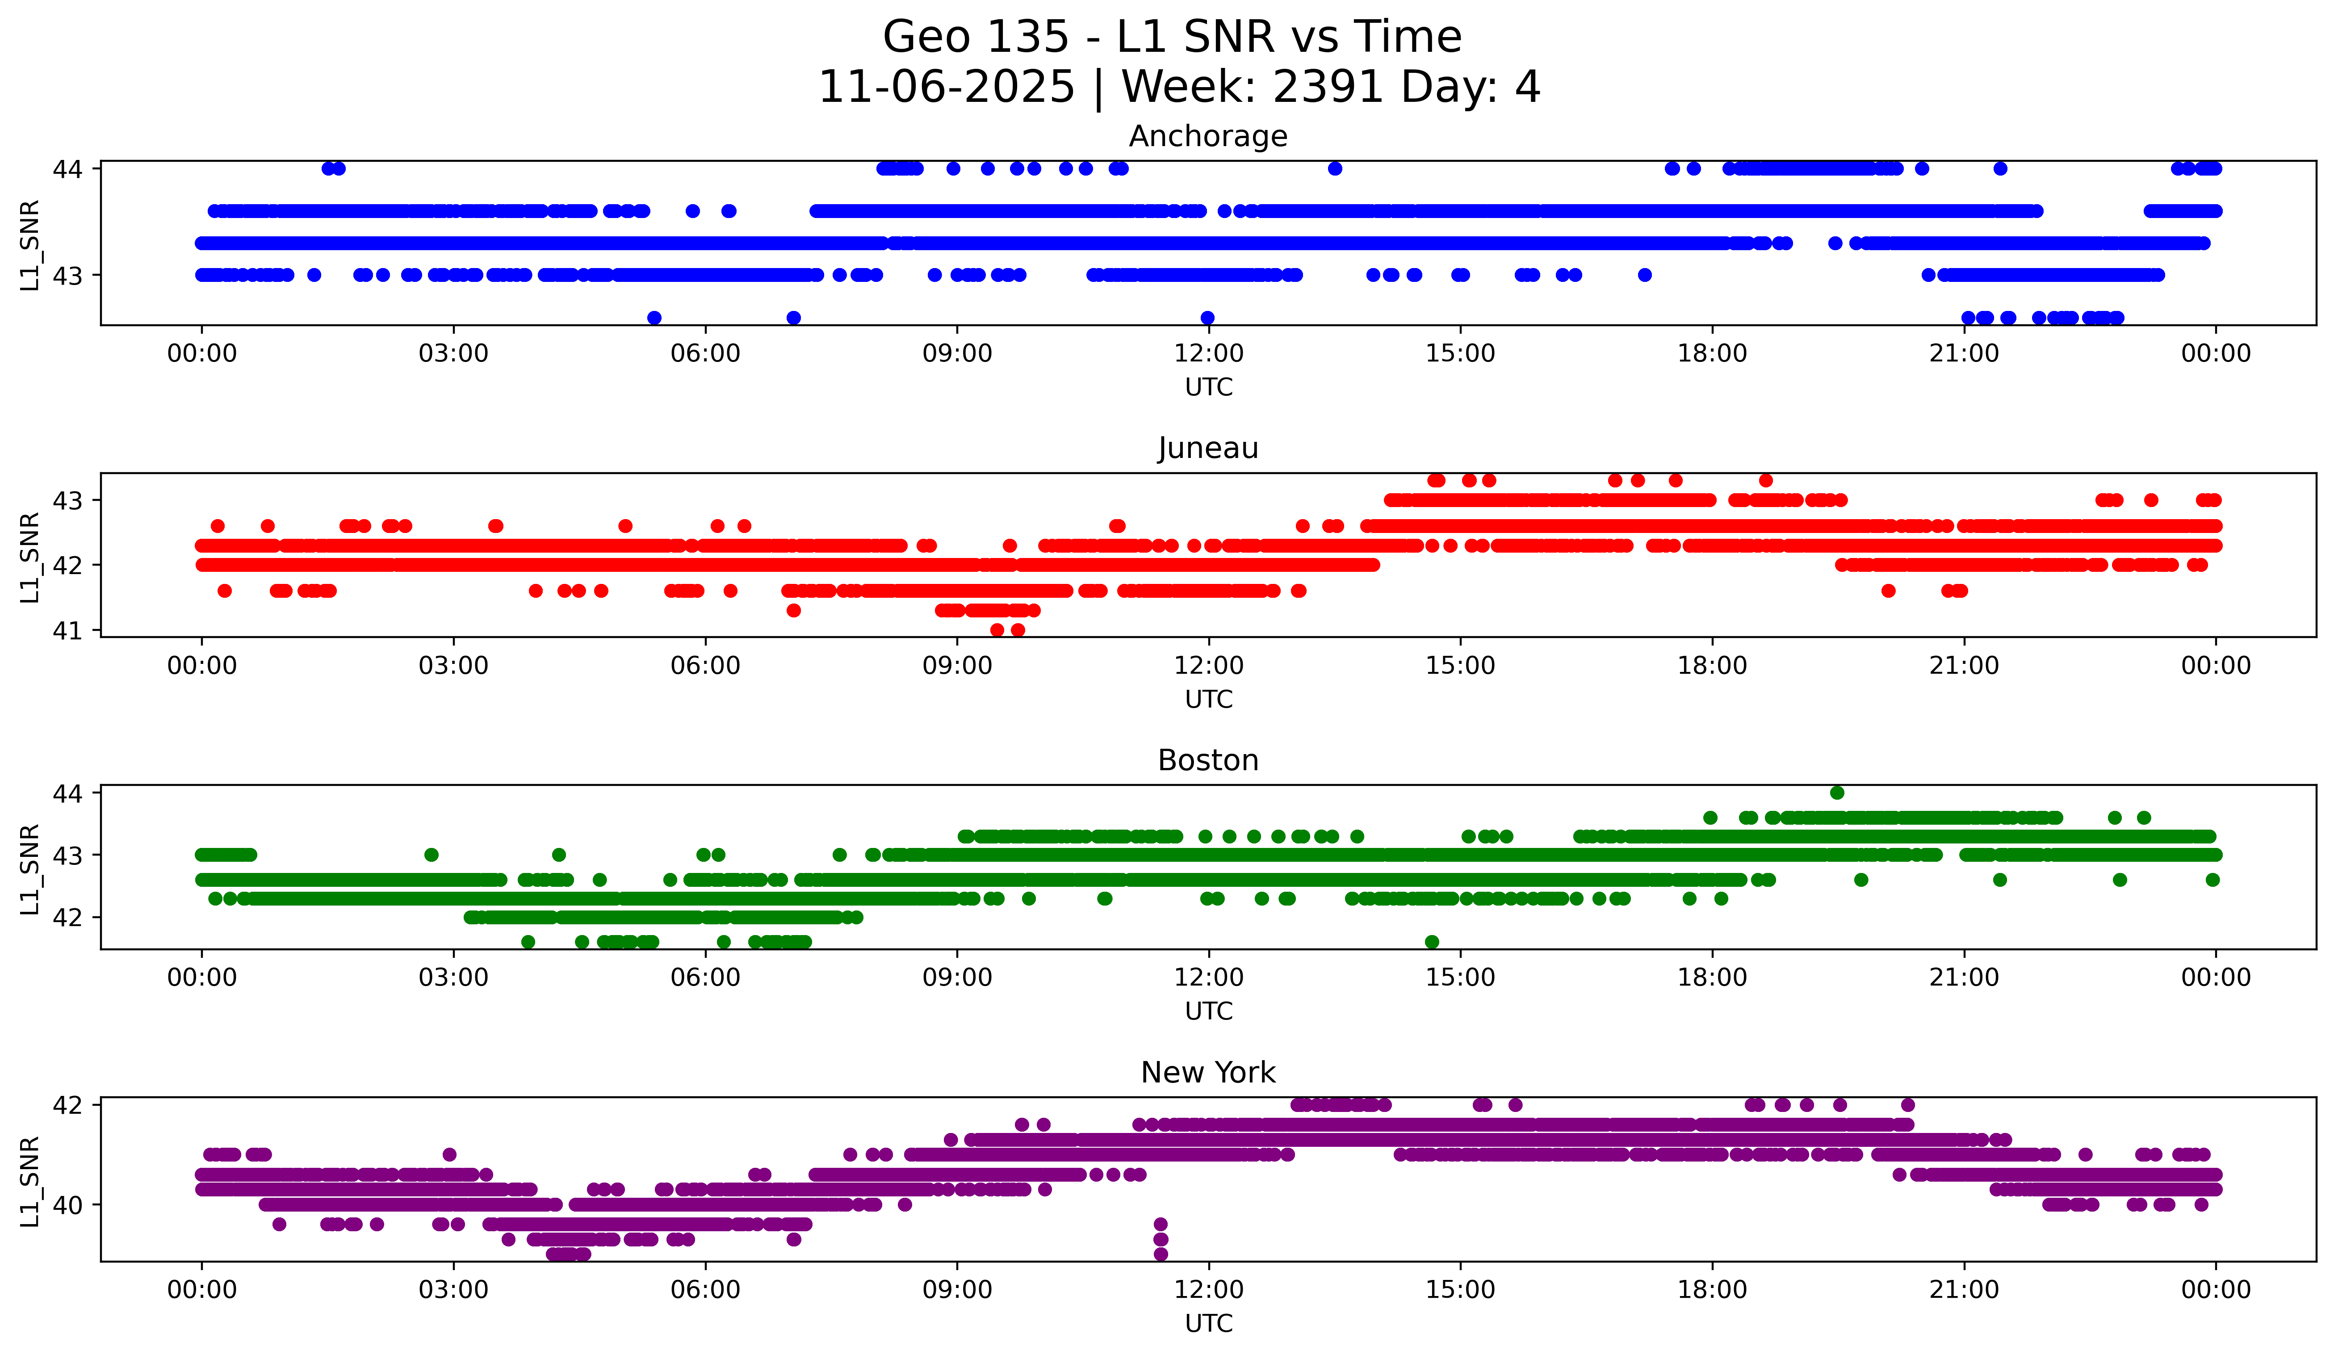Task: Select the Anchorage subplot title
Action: pos(1208,136)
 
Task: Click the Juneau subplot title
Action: pos(1208,448)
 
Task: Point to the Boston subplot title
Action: pos(1208,760)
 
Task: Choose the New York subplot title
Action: pos(1208,1073)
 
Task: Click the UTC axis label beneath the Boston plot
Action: pos(1208,1011)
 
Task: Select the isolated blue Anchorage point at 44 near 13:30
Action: pos(1335,168)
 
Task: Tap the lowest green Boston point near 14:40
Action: pos(1432,942)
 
